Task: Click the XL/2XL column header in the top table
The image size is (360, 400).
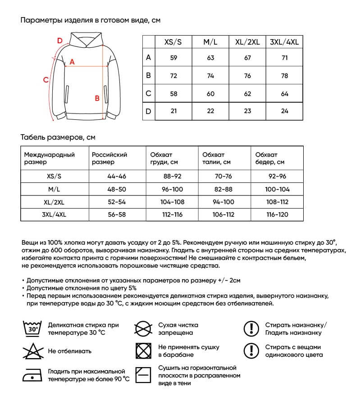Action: point(247,42)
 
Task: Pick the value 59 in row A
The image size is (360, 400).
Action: point(173,58)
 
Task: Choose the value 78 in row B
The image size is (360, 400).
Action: point(284,76)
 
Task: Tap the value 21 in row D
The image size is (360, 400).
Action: point(173,111)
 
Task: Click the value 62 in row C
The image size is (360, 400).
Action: point(247,94)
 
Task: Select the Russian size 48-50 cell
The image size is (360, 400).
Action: point(116,188)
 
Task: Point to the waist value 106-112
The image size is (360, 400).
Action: point(223,214)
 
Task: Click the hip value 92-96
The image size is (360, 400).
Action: point(277,176)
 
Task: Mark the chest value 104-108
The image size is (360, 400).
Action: point(172,202)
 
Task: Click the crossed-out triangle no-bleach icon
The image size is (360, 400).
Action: point(32,350)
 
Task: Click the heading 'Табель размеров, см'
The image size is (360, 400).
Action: point(58,137)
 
